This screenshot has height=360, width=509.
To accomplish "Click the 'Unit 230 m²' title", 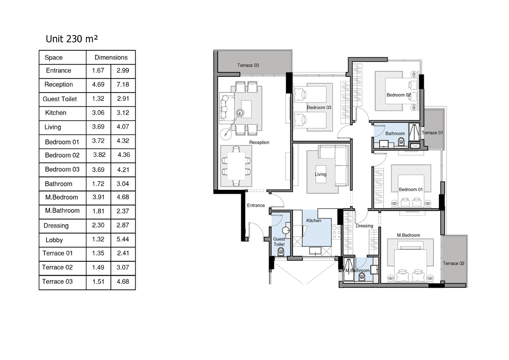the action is (72, 39).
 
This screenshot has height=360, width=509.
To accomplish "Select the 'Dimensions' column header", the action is (111, 57).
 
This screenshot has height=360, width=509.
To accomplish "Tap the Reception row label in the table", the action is (59, 85).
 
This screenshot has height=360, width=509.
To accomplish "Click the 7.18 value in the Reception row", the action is (123, 85).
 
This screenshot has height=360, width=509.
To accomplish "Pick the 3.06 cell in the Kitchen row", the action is (98, 112).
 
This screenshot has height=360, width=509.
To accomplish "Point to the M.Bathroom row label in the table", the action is (62, 211).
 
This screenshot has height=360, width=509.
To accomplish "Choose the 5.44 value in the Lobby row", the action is (123, 239).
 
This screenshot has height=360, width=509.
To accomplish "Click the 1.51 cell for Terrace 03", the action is (98, 281).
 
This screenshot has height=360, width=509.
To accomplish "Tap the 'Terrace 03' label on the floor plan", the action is (248, 65).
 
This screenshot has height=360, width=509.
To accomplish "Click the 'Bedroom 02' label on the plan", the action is (399, 95).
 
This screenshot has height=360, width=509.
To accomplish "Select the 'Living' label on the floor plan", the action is (320, 174).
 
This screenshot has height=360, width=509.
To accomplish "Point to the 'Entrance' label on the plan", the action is (256, 205).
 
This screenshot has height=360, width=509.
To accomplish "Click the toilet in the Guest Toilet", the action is (281, 251).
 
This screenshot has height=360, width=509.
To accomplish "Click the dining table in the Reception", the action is (236, 166).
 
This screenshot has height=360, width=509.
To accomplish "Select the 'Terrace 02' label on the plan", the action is (453, 263).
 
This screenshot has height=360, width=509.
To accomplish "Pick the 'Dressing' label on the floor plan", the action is (364, 226).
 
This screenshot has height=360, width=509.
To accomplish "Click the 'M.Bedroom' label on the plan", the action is (408, 235).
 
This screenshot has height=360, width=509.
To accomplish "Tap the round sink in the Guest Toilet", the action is (286, 231).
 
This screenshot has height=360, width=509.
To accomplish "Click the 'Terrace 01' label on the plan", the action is (432, 132).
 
